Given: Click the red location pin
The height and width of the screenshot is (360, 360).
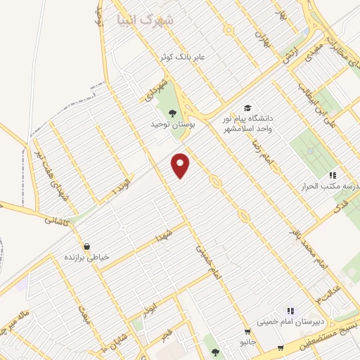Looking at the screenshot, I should click(x=181, y=165).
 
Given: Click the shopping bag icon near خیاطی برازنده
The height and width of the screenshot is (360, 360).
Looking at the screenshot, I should click(x=86, y=246).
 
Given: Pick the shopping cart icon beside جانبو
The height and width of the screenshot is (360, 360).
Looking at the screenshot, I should click(x=247, y=331).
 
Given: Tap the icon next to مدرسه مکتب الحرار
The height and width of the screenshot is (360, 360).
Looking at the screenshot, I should click(x=331, y=174).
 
